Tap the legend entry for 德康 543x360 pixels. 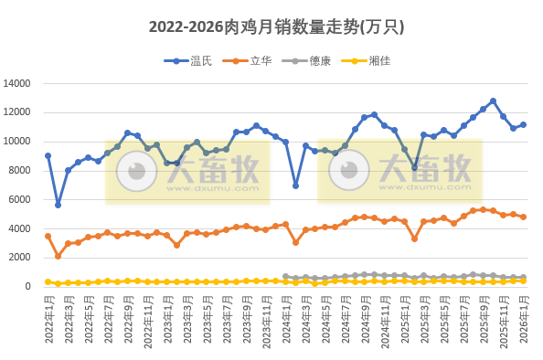pos(320,61)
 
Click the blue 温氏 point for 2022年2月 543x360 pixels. pos(58,205)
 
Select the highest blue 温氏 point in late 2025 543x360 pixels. pos(493,101)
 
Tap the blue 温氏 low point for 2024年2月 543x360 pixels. pos(295,185)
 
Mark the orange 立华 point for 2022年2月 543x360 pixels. pos(58,256)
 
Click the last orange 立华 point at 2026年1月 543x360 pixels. pos(523,217)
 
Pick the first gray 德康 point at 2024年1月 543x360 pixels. pos(285,276)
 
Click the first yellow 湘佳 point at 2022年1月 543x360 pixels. pos(48,281)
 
